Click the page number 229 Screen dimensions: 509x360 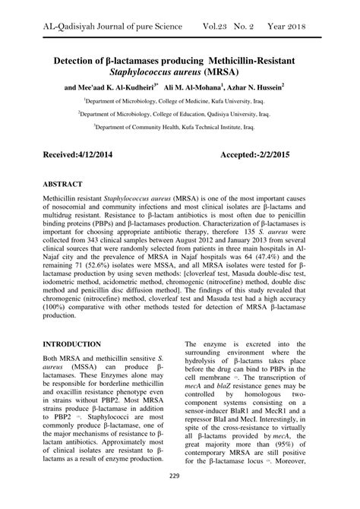pos(180,476)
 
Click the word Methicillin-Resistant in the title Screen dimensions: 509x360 pos(253,58)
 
